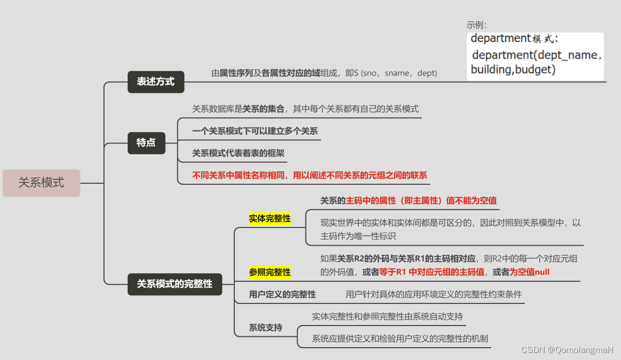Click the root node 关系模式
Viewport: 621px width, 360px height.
click(41, 183)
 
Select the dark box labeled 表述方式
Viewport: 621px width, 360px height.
click(156, 82)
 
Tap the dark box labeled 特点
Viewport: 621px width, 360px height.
click(146, 143)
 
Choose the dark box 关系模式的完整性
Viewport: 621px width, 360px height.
click(175, 283)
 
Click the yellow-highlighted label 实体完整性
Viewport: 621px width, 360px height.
click(269, 218)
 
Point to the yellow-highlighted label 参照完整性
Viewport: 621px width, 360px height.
click(269, 272)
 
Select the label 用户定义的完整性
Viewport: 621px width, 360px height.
click(282, 294)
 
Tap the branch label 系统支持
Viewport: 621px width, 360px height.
click(266, 328)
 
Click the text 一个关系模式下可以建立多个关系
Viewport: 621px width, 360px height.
click(255, 131)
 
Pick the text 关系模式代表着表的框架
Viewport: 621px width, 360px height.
click(238, 153)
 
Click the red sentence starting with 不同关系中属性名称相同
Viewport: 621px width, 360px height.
click(310, 175)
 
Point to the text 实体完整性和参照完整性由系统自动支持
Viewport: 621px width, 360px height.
click(387, 316)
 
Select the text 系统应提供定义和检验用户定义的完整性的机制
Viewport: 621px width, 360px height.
click(400, 338)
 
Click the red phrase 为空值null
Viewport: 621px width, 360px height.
click(529, 272)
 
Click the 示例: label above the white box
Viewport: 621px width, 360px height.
click(477, 25)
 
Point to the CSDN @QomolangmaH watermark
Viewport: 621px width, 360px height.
click(568, 350)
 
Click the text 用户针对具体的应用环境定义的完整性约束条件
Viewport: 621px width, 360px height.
click(434, 294)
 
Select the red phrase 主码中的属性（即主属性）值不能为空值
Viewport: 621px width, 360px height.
click(421, 200)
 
